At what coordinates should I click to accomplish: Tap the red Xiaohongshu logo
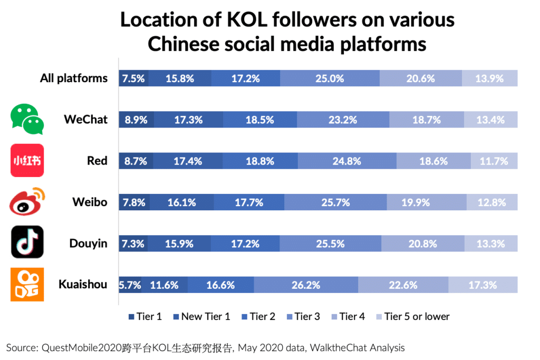[27, 160]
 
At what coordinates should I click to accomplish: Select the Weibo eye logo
[27, 202]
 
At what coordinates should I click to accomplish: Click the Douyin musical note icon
[27, 243]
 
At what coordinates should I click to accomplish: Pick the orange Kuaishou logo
[27, 285]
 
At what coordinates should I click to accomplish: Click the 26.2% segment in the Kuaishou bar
[306, 285]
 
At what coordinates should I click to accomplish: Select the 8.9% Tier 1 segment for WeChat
[136, 120]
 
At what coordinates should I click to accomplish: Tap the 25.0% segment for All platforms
[330, 79]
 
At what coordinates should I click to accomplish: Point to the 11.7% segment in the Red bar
[494, 161]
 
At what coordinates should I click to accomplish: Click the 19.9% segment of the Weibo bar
[427, 202]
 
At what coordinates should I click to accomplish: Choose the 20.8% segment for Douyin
[422, 244]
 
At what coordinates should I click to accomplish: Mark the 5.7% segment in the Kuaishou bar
[130, 285]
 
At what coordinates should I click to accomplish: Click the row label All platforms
[74, 79]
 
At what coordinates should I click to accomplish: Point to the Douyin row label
[88, 244]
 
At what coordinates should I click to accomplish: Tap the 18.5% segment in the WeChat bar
[259, 120]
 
